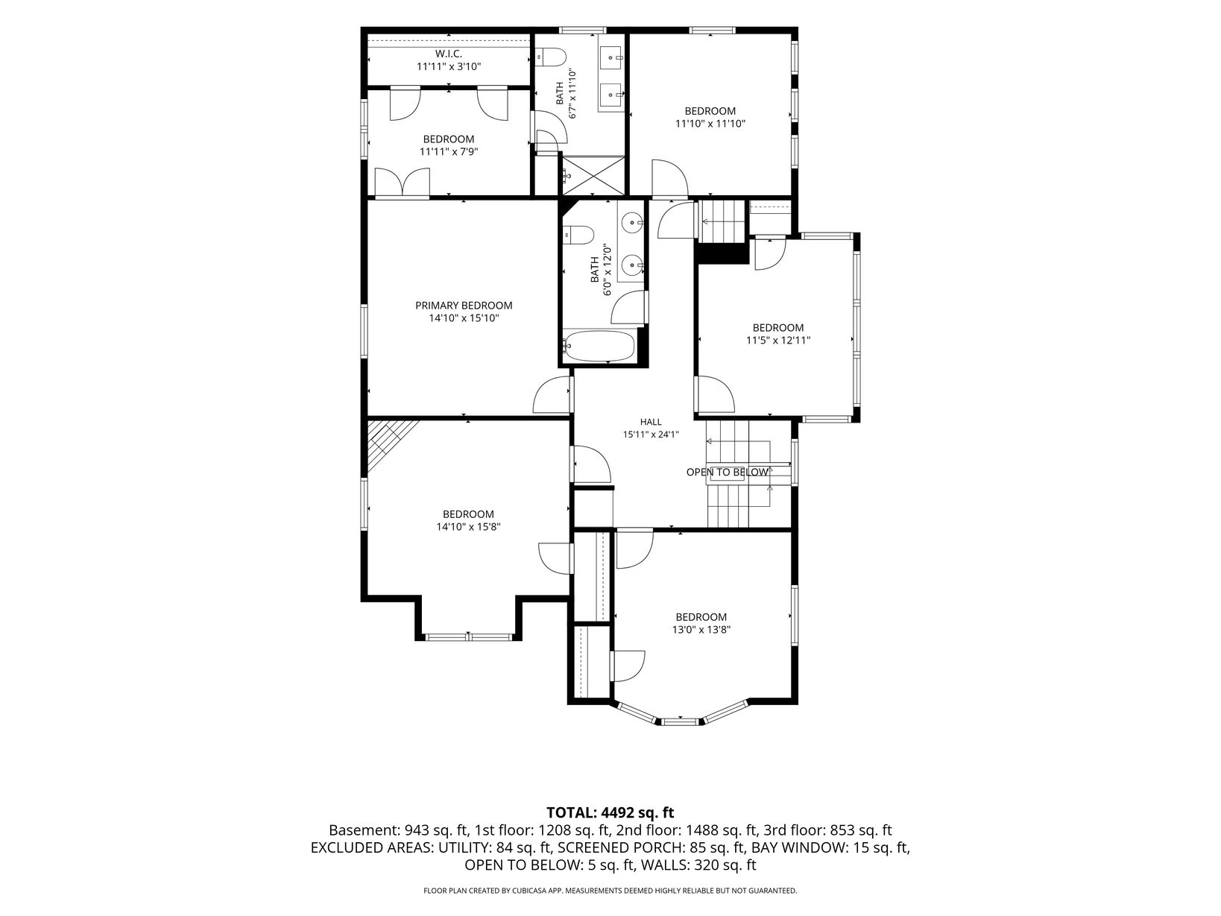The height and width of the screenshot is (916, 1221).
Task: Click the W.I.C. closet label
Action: (x=448, y=54)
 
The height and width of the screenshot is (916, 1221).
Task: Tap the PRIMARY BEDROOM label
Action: (x=464, y=306)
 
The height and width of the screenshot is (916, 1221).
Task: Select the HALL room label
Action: (x=651, y=422)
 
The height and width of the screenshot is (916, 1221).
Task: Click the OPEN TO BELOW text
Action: (x=727, y=473)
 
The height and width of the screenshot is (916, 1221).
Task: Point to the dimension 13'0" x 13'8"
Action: (x=701, y=630)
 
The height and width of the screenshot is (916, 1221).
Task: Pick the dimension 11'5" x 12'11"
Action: (x=778, y=341)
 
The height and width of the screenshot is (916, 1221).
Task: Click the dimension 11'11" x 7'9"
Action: (x=448, y=151)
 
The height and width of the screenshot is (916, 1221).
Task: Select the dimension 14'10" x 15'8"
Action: (x=468, y=527)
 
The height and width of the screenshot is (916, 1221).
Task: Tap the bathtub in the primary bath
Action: (x=599, y=346)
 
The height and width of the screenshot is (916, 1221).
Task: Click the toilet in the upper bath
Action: (x=552, y=57)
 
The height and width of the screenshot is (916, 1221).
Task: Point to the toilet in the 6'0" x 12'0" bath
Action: (x=577, y=235)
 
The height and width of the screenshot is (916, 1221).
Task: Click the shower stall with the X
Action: (x=593, y=176)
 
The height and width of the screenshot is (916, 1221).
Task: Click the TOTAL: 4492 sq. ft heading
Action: (x=610, y=812)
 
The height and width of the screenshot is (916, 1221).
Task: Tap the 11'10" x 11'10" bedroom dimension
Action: (x=710, y=124)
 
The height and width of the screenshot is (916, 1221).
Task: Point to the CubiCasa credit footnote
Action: (x=610, y=891)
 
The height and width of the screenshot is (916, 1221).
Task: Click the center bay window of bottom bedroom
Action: (x=681, y=721)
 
